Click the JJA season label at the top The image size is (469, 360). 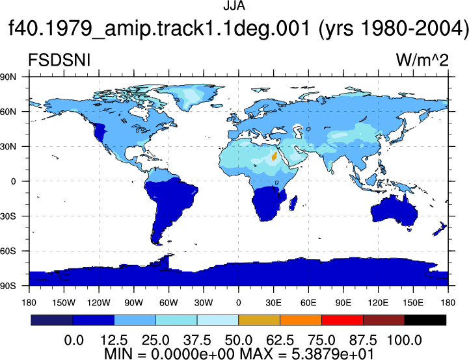(234, 5)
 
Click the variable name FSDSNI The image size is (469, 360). (59, 60)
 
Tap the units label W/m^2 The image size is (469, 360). (422, 60)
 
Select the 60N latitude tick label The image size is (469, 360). (8, 112)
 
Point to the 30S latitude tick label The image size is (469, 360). (8, 216)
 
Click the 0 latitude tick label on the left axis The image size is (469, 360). (13, 181)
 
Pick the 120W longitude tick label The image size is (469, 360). (99, 303)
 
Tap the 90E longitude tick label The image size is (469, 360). (343, 303)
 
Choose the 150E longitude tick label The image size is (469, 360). (413, 303)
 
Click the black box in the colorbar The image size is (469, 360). (425, 320)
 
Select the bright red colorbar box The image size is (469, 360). (342, 320)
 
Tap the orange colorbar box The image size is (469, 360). (301, 320)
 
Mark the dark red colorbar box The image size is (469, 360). (384, 320)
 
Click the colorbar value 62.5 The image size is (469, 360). (280, 341)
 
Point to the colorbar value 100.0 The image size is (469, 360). (404, 341)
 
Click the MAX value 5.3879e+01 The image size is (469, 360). (332, 354)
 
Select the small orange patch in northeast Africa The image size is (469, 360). (274, 156)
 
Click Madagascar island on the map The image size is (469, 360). (293, 203)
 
